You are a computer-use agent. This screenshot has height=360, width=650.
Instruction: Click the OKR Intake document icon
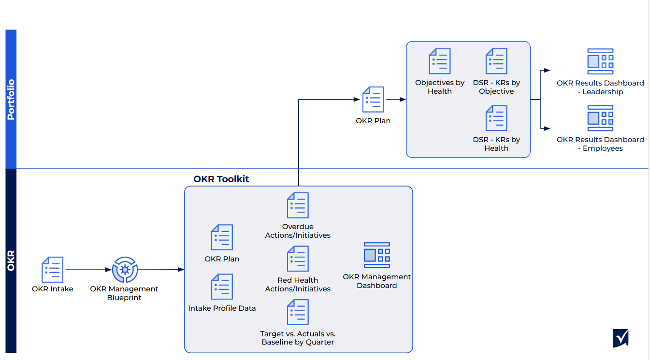click(52, 270)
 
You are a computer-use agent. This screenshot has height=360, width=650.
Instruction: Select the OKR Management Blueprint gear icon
click(125, 270)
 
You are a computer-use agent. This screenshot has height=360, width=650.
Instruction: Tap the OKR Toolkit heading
click(221, 179)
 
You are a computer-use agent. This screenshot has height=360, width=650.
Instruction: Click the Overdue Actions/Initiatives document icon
click(298, 205)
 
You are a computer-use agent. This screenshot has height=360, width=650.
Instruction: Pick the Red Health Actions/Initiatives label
click(298, 285)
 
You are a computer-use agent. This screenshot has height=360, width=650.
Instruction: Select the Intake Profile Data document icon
click(222, 287)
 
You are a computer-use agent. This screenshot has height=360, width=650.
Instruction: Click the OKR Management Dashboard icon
click(376, 255)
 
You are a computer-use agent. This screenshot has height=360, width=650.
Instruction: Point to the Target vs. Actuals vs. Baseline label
click(298, 338)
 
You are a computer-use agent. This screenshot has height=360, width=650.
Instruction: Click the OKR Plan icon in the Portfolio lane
click(373, 100)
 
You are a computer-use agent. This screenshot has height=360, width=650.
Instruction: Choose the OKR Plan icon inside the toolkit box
click(222, 237)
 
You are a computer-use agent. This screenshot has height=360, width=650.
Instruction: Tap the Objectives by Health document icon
click(440, 61)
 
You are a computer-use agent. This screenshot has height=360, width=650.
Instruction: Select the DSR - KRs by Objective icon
click(496, 61)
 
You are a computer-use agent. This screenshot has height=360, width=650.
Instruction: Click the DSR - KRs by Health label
click(496, 144)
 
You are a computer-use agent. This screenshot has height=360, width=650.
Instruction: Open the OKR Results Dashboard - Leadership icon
click(600, 61)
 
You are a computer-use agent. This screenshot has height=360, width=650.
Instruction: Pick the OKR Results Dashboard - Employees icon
click(600, 118)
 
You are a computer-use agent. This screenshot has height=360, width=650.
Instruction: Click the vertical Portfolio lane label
click(11, 99)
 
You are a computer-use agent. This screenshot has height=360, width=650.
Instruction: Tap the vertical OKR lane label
click(11, 260)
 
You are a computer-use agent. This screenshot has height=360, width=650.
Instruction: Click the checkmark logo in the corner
click(621, 338)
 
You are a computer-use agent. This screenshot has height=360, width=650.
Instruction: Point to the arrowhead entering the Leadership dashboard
click(547, 71)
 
